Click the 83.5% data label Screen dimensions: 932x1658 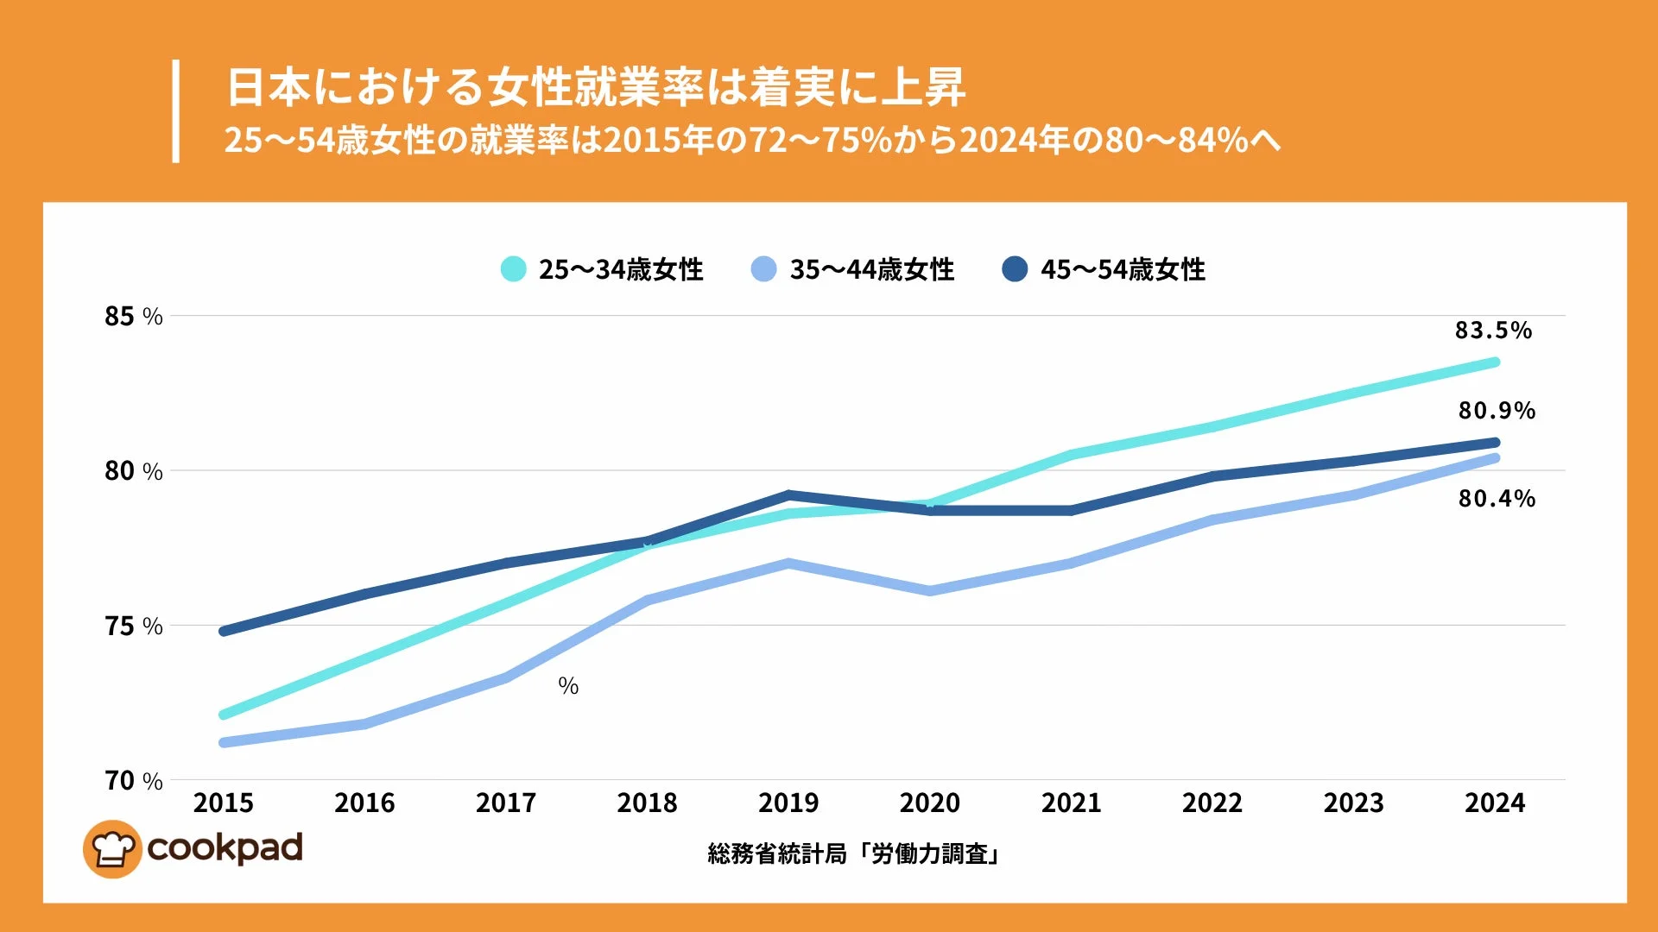[1493, 331]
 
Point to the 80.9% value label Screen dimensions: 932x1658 [1497, 411]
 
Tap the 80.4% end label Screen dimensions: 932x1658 [1497, 499]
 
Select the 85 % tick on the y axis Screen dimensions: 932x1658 [133, 317]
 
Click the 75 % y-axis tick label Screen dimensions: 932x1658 [133, 627]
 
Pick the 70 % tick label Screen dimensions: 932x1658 [133, 781]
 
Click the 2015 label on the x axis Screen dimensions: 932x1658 [224, 803]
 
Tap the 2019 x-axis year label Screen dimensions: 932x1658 [788, 803]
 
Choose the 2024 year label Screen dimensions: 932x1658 [1495, 803]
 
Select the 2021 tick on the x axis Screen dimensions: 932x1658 [1071, 803]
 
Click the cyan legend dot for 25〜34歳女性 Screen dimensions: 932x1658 [513, 269]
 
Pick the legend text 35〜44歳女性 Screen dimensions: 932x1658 [871, 270]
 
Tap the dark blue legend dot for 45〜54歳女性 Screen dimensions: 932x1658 [1015, 269]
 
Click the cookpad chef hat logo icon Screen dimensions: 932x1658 [112, 849]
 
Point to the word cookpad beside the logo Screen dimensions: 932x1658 [225, 848]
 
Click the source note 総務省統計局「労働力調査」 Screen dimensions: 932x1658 [852, 854]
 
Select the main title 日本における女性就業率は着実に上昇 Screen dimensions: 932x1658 [595, 87]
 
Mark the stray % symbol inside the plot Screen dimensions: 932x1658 [568, 686]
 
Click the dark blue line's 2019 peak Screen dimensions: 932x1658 [789, 495]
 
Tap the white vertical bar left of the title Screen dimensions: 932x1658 [176, 110]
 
